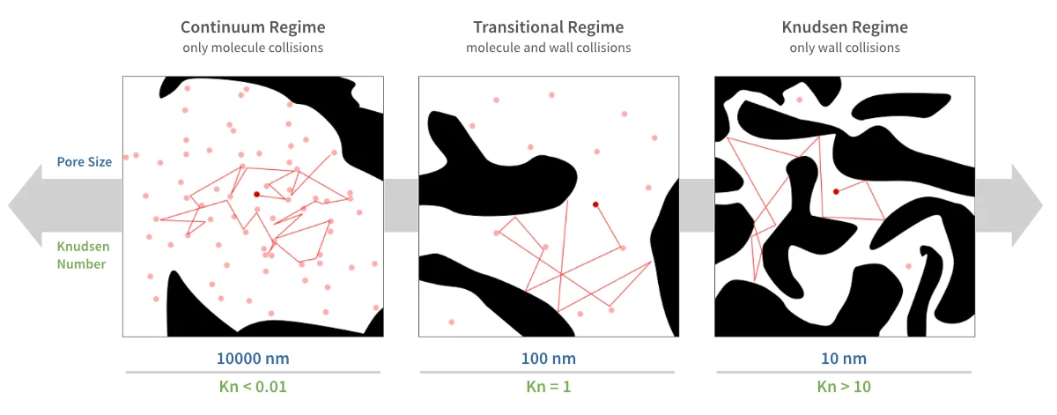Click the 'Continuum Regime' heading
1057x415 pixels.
253,27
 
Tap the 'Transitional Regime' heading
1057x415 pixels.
548,27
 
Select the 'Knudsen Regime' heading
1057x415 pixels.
845,27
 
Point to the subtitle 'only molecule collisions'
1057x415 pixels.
253,48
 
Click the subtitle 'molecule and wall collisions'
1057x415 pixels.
548,48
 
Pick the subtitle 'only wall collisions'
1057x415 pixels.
845,48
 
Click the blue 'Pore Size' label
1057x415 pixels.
85,162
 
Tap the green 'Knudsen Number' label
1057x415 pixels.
83,255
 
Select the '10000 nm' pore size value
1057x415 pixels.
253,359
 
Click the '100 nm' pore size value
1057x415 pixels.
548,359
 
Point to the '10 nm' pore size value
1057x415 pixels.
844,359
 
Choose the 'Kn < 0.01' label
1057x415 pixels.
253,387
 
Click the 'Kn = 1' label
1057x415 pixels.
548,387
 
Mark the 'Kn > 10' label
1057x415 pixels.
844,387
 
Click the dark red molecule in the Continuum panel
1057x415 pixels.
256,195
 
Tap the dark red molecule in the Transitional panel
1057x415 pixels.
595,204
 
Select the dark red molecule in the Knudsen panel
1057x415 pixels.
836,192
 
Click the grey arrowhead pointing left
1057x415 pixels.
25,205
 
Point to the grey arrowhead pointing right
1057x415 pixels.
1027,205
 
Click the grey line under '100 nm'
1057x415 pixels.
547,372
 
